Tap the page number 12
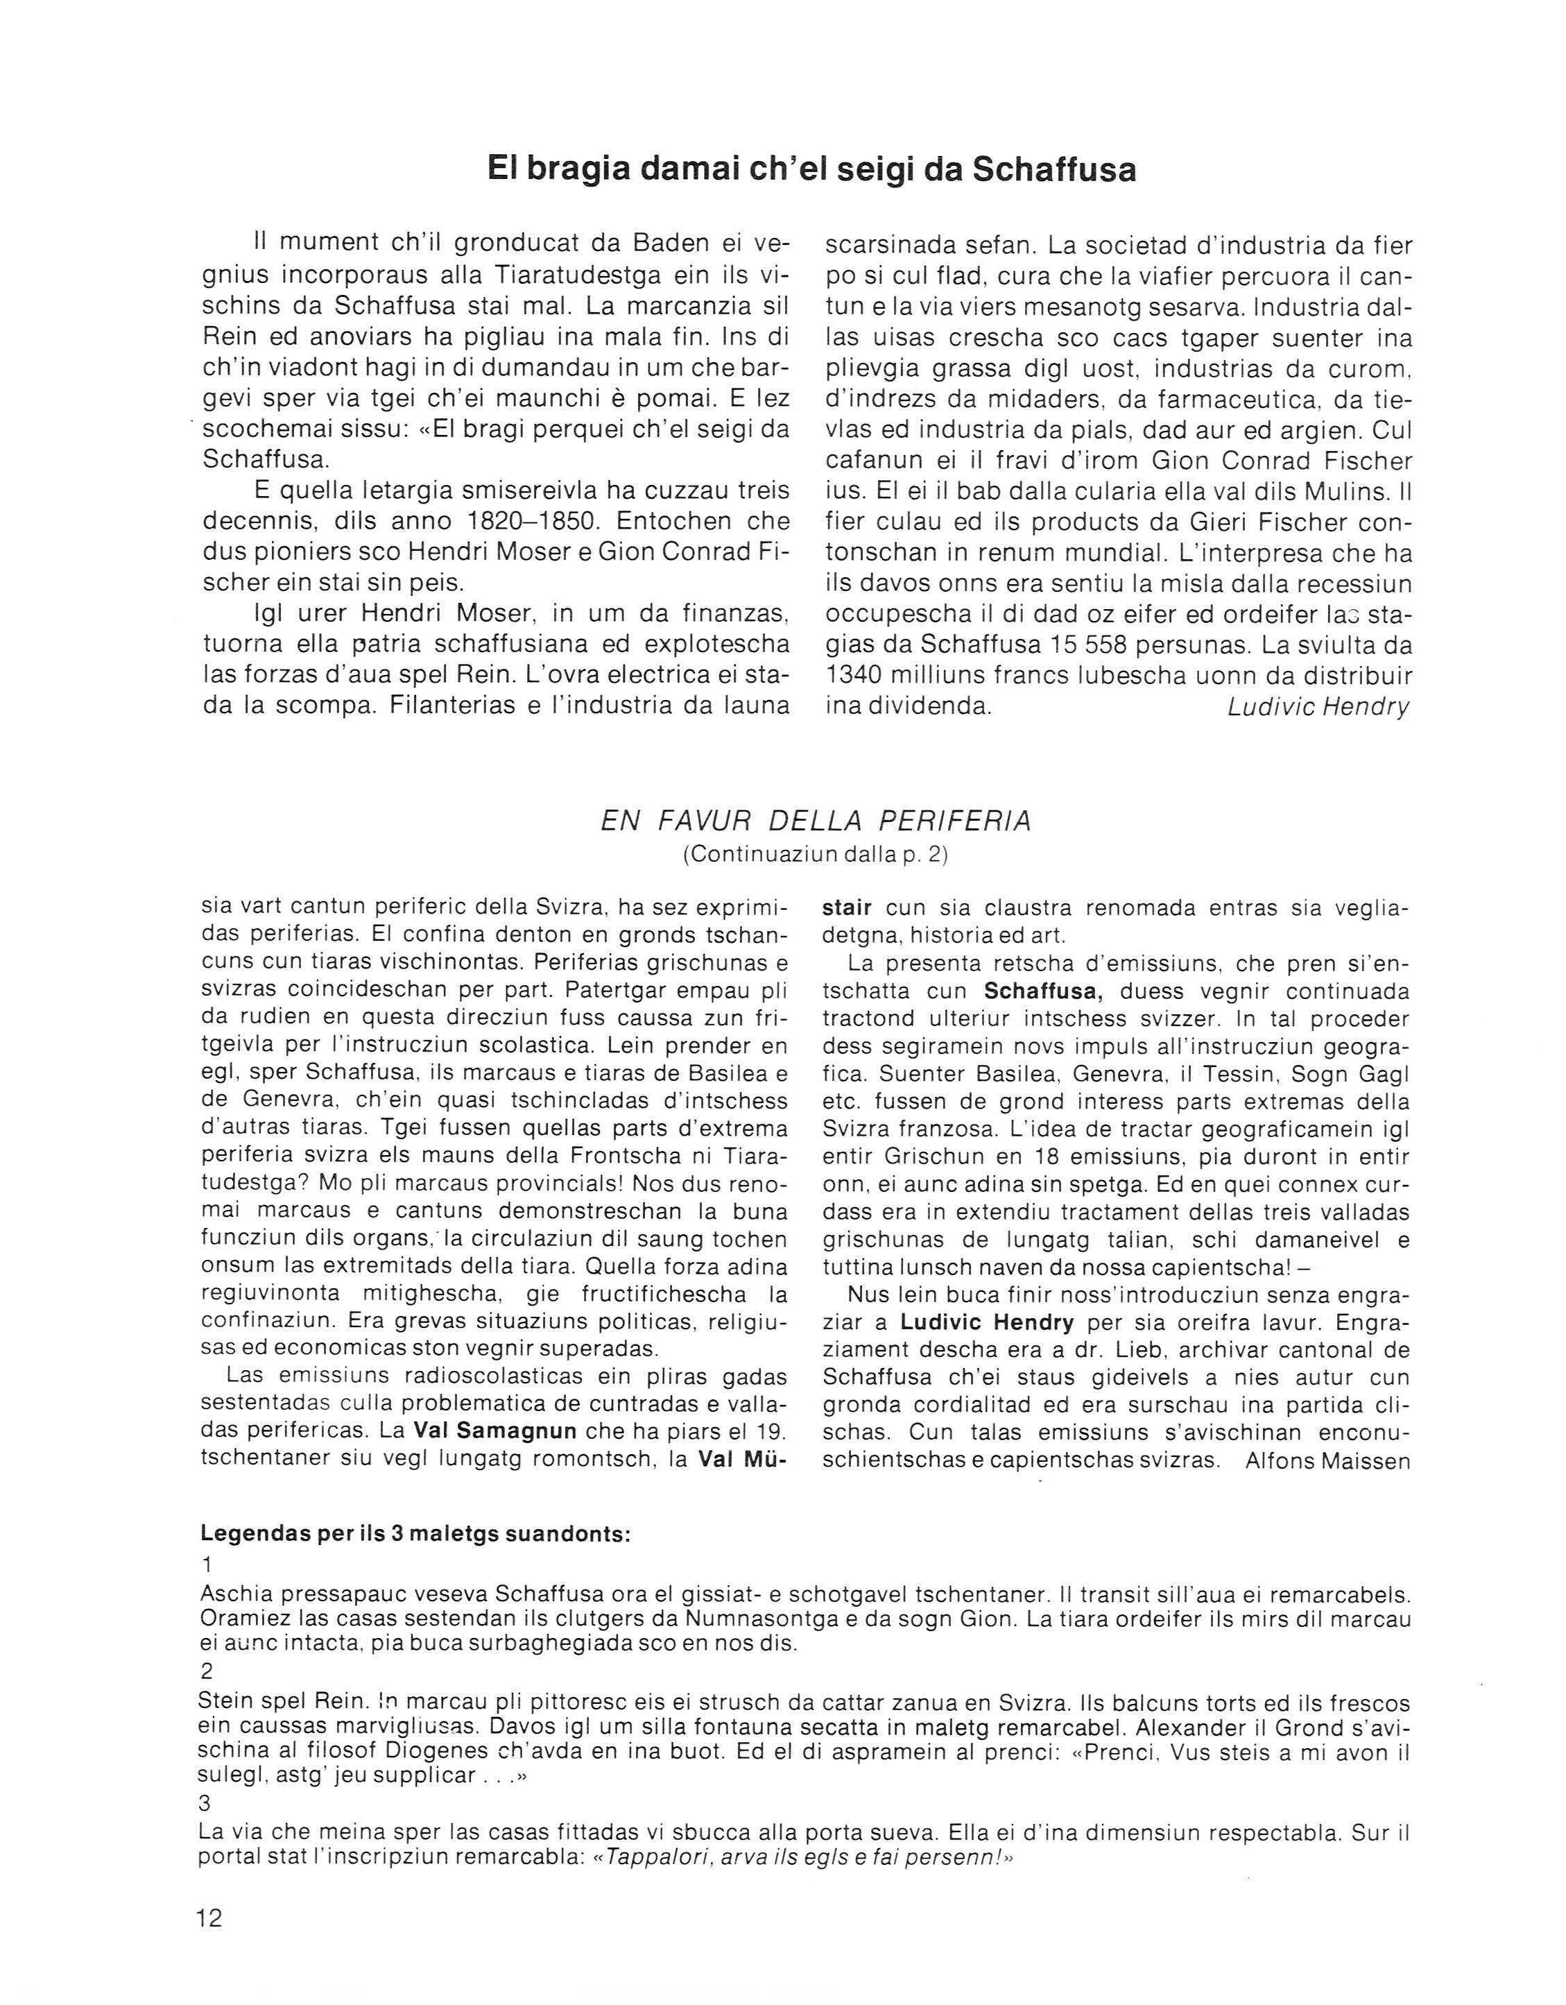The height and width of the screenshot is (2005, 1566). coord(209,1918)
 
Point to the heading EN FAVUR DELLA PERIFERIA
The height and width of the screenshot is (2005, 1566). coord(815,821)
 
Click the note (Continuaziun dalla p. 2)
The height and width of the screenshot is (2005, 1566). coord(815,855)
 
